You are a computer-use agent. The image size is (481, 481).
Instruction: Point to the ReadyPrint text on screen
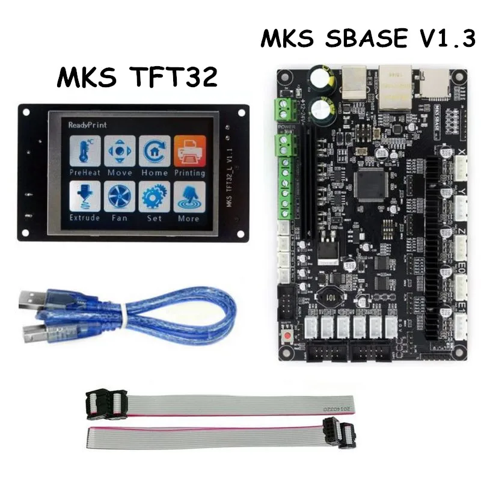coord(88,125)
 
